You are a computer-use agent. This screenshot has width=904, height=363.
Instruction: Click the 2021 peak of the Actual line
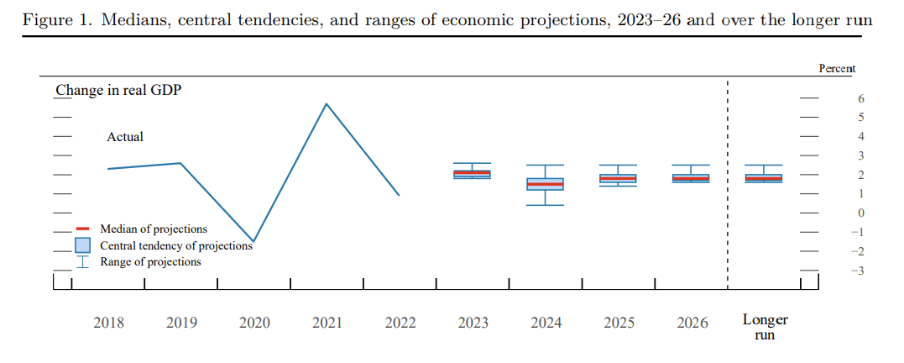[327, 104]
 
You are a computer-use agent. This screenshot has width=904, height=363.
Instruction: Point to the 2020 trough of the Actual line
[253, 241]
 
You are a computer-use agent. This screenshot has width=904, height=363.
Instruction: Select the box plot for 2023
[473, 173]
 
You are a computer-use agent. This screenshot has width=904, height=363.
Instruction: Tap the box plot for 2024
[545, 184]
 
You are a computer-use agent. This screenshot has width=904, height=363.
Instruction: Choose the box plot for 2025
[618, 178]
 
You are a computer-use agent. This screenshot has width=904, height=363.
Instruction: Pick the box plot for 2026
[691, 178]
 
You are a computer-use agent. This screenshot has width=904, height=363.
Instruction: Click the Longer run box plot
[764, 178]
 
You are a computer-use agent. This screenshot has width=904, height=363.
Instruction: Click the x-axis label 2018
[108, 323]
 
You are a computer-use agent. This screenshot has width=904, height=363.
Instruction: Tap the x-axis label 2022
[400, 323]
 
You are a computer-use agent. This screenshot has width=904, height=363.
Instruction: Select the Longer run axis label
[765, 327]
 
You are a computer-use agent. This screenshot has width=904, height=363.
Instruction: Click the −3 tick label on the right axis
[858, 271]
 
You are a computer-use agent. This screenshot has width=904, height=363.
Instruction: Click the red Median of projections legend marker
[82, 229]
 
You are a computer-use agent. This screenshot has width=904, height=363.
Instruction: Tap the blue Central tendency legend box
[82, 245]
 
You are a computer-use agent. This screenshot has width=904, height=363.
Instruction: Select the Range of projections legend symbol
[82, 261]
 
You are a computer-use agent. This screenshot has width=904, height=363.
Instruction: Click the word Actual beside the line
[125, 137]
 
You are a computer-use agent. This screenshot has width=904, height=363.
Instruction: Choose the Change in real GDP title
[118, 90]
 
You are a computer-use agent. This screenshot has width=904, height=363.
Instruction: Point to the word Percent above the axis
[837, 69]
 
